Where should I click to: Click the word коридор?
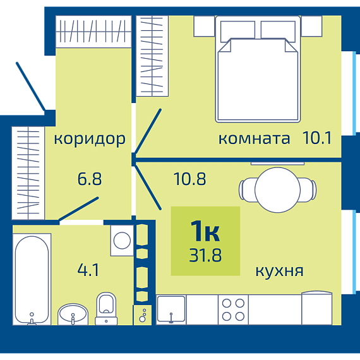90,140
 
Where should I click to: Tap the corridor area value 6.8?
90,179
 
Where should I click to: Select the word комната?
254,139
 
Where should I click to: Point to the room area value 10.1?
317,138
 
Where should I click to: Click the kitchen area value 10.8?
190,179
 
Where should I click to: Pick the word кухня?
279,271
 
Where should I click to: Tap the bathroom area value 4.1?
88,270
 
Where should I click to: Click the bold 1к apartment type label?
205,231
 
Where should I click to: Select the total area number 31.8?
205,255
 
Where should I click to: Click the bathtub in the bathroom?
32,279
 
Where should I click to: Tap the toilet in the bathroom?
106,308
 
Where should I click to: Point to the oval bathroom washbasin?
73,314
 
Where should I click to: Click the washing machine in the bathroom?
122,241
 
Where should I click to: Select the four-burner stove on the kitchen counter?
233,309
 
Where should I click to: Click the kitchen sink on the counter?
171,309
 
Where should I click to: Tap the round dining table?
277,190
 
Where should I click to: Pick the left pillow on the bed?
237,32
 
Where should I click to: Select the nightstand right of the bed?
311,26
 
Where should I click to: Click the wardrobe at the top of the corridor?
93,32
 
